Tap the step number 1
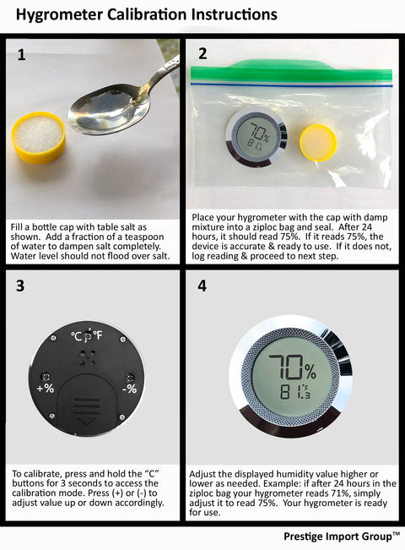(x=21, y=55)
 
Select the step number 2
(x=202, y=54)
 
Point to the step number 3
(x=20, y=286)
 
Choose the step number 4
(x=202, y=286)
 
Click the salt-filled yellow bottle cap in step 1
(x=39, y=137)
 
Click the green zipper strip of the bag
(x=291, y=70)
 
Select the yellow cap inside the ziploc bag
(x=318, y=143)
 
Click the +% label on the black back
(x=46, y=389)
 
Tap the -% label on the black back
(x=129, y=389)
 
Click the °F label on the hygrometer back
(x=97, y=335)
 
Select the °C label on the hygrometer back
(x=77, y=336)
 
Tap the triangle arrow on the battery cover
(x=87, y=421)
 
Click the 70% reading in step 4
(x=292, y=368)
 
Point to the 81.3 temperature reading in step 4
(x=294, y=392)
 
